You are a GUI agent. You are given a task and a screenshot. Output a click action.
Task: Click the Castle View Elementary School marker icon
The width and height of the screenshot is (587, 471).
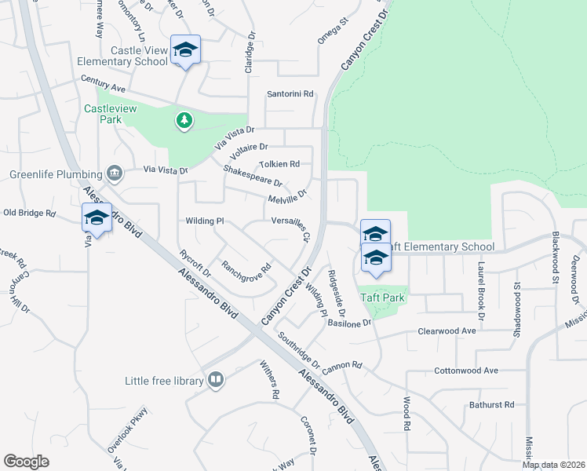tap(185, 50)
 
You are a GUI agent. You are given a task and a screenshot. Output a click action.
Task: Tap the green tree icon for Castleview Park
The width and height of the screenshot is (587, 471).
tap(184, 119)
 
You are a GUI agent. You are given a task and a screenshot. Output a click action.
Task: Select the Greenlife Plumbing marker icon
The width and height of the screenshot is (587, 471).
tap(115, 173)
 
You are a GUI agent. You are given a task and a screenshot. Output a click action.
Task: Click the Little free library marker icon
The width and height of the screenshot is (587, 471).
tap(215, 381)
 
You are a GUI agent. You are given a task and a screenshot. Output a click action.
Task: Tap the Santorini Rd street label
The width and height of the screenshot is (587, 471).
tap(290, 93)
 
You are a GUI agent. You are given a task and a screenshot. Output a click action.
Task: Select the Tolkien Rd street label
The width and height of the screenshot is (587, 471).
tap(279, 164)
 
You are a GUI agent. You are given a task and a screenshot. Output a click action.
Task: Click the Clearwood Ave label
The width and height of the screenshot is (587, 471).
tap(447, 331)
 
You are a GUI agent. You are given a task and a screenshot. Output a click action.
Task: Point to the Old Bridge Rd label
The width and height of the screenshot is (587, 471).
tap(30, 213)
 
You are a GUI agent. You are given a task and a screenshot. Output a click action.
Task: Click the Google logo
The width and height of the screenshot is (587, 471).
tap(27, 461)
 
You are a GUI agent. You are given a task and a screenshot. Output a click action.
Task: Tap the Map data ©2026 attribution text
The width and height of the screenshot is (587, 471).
tap(553, 465)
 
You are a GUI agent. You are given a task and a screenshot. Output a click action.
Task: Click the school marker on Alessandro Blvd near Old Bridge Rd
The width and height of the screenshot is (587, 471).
tap(97, 217)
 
